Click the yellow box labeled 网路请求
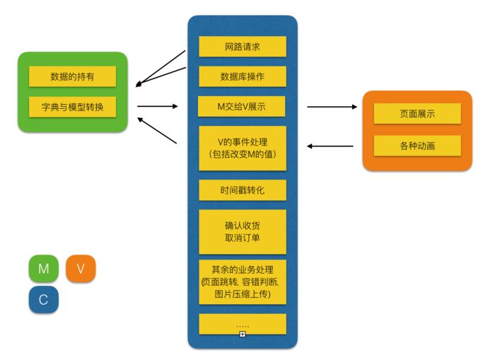point(243,47)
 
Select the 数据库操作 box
point(243,76)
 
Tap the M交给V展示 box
point(243,107)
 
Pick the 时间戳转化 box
point(243,190)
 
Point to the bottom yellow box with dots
point(243,323)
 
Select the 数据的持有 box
point(72,76)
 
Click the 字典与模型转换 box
point(72,107)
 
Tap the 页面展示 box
point(417,114)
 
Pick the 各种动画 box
point(417,146)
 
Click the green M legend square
point(43,269)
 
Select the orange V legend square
point(81,269)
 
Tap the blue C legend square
point(43,299)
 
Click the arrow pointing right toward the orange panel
point(332,107)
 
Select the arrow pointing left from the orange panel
point(330,146)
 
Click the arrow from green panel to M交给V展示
point(157,107)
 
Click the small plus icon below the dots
point(242,333)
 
